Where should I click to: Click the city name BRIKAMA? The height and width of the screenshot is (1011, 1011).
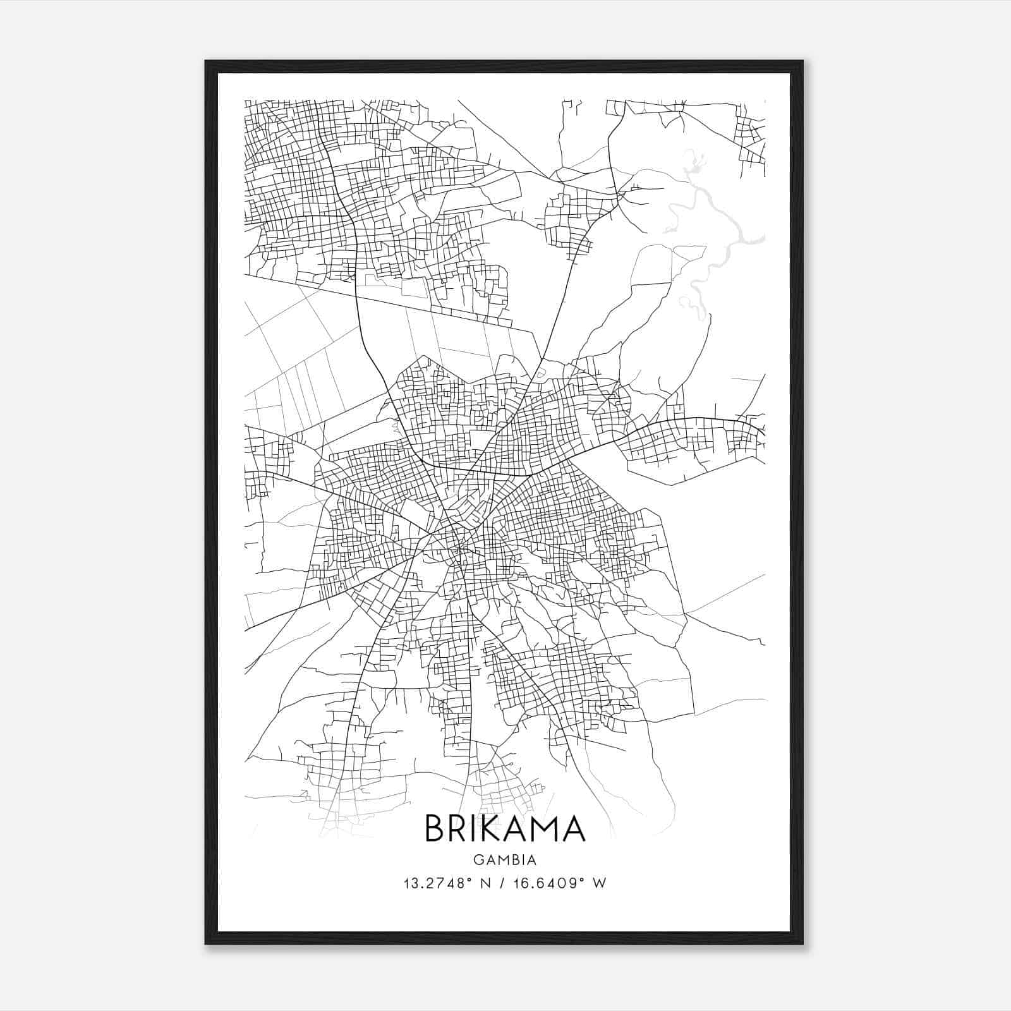505,828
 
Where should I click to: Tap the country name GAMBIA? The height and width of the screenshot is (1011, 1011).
505,860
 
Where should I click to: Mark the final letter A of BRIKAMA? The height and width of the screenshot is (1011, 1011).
575,828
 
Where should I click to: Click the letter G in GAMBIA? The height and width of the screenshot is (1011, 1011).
477,860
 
